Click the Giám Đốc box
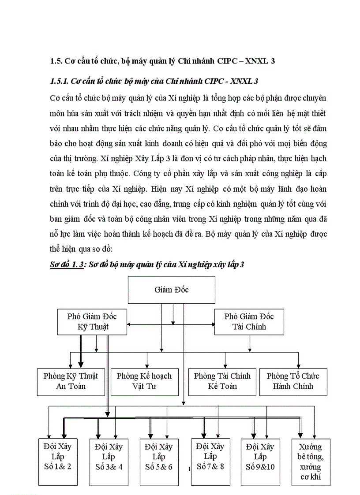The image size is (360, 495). (x=172, y=290)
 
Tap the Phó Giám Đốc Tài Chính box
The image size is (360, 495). (x=249, y=322)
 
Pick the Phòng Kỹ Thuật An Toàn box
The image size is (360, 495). (x=71, y=381)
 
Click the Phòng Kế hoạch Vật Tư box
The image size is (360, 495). (x=144, y=381)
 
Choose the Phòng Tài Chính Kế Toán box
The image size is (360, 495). (x=222, y=381)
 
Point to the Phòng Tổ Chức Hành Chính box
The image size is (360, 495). (x=292, y=381)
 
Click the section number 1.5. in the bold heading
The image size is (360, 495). (x=56, y=62)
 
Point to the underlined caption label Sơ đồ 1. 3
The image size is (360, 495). (x=66, y=264)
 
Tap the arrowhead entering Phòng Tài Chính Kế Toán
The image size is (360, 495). (x=225, y=365)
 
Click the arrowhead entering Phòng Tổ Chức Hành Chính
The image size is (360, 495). (x=298, y=365)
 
